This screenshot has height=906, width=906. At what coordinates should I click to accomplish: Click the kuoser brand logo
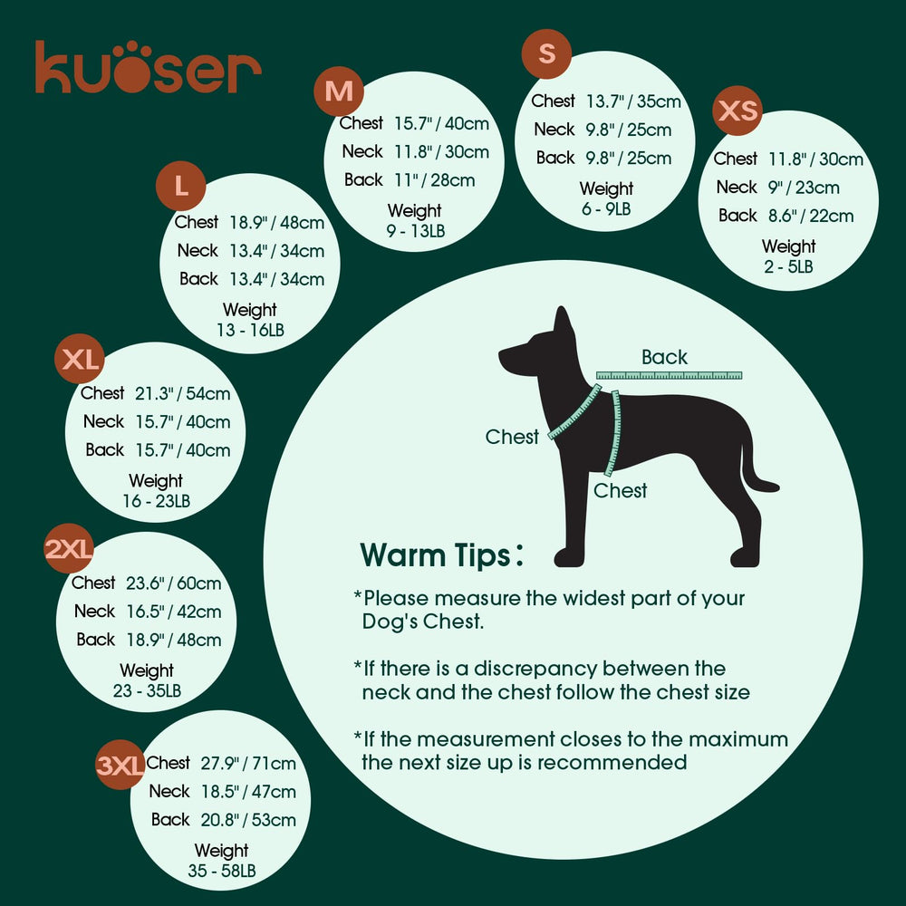click(x=148, y=67)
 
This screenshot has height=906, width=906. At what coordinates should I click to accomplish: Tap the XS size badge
click(x=737, y=111)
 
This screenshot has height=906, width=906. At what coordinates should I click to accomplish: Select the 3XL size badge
click(x=120, y=766)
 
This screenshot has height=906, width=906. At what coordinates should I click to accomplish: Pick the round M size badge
click(x=339, y=92)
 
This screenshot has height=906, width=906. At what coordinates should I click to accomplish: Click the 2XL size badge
click(x=69, y=549)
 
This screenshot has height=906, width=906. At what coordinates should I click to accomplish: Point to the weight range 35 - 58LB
click(x=221, y=871)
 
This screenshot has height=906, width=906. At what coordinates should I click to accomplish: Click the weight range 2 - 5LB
click(x=788, y=266)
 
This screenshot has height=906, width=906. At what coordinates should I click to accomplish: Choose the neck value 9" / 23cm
click(x=805, y=188)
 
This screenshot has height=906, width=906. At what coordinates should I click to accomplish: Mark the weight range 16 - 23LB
click(x=156, y=500)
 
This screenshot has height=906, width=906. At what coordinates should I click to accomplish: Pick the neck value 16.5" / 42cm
click(x=172, y=612)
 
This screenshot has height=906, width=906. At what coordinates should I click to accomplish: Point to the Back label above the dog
click(x=664, y=357)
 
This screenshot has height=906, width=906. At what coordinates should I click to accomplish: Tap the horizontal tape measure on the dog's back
click(x=669, y=375)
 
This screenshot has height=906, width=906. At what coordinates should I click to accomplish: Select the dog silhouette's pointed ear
click(x=564, y=322)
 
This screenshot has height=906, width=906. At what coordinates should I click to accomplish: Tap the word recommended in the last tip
click(x=612, y=762)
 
